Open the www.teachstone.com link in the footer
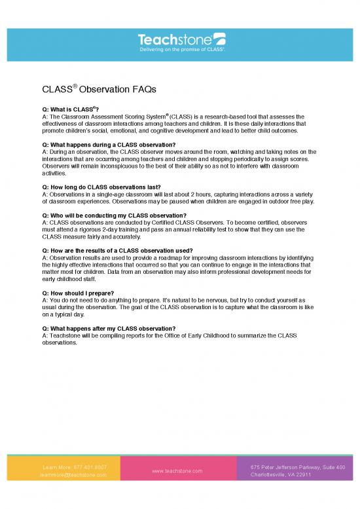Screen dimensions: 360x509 tap(177, 471)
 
